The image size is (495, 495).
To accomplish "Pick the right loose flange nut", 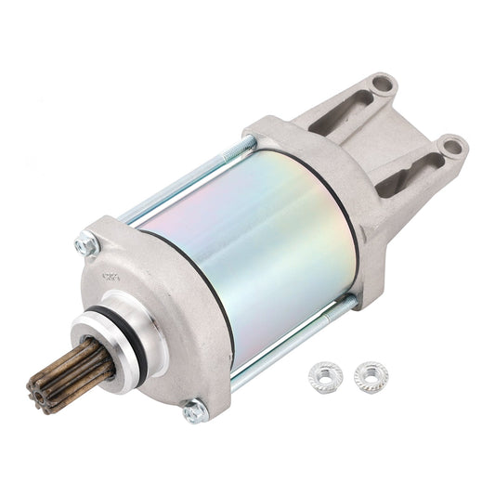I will (371, 376).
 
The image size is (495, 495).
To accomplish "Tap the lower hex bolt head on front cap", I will (195, 408).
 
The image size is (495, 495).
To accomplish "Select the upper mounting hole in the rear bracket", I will (382, 86).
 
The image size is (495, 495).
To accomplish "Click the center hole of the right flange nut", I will (371, 375).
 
